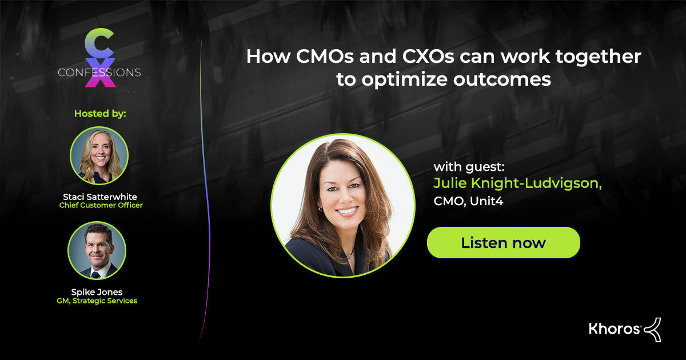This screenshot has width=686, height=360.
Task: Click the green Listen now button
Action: coord(503,242)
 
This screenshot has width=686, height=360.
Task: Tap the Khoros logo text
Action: coord(615,328)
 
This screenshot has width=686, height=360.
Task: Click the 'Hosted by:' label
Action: coord(100,113)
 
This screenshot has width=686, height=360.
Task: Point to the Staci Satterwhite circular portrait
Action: coord(99,155)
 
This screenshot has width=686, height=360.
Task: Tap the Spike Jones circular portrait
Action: coord(97,250)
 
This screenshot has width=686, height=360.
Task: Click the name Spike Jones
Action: coord(97,291)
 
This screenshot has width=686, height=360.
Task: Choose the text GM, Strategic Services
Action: coord(97,301)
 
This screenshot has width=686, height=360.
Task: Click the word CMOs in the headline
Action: coord(321,57)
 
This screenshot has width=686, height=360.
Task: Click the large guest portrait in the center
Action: coord(343,205)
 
